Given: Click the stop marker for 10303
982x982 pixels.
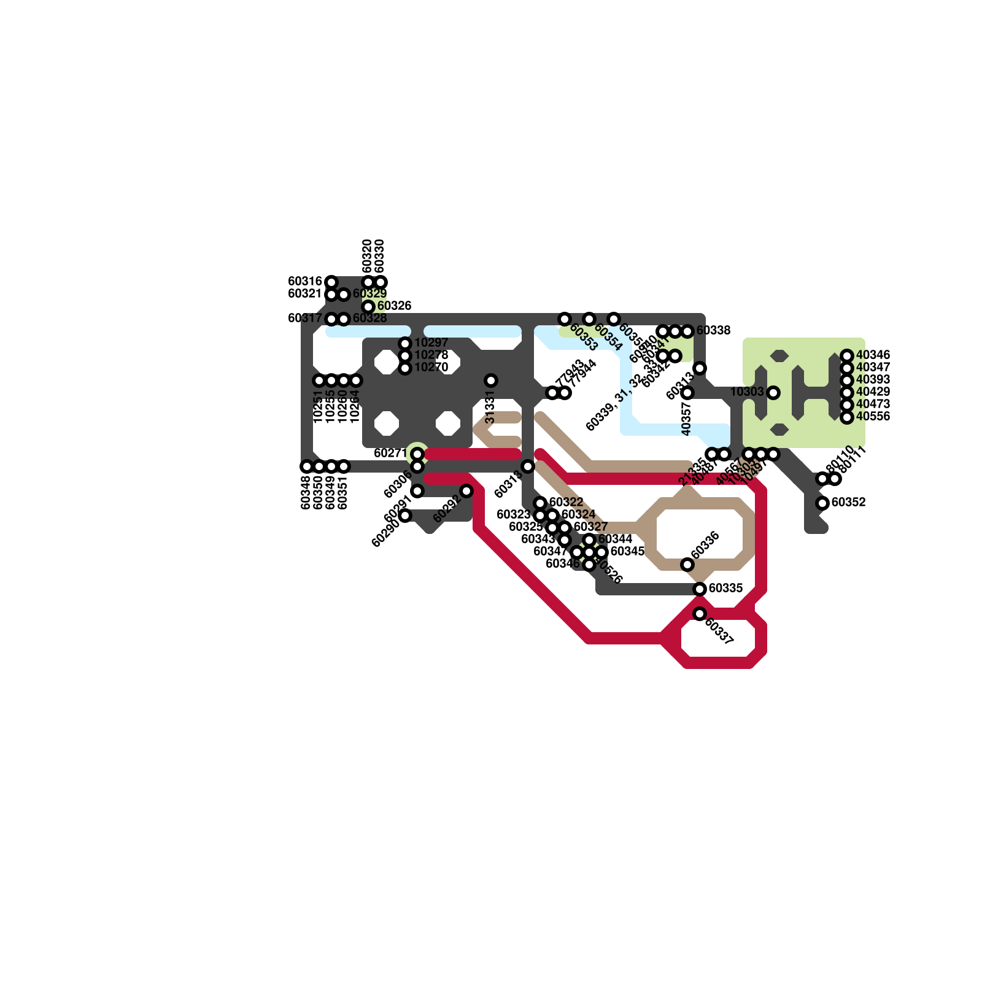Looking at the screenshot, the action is coord(773,392).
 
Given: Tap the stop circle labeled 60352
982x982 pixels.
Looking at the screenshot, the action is coord(822,503).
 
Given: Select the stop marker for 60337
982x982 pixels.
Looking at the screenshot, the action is coord(700,614).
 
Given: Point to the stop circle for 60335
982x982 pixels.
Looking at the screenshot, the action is coord(700,589).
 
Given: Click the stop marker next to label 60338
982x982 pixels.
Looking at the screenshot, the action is coord(687,331).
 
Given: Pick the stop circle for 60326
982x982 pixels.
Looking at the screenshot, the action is coord(368,306).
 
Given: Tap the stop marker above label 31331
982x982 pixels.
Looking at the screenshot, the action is coord(491,381).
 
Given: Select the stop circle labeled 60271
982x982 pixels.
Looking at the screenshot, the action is coord(417,454).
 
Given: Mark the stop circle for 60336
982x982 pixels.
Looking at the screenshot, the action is coord(687,565).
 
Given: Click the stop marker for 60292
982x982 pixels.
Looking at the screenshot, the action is coord(466,491).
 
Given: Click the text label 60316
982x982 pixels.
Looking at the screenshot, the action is coord(305,282).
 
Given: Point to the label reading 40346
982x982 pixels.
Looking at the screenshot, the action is coord(873,355).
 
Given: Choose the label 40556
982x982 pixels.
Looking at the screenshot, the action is coord(873,417).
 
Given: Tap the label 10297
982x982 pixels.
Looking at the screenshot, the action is coord(431,343).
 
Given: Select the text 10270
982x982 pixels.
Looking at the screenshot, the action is coord(431,368).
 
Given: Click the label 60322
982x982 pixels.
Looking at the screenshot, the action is coord(566,503).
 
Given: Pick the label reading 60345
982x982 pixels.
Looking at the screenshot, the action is coord(627,552).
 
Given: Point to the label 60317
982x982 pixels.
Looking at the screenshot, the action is coord(305,319).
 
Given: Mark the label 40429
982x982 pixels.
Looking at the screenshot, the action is coord(873,392).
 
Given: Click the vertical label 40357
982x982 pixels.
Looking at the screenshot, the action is coord(687,419).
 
